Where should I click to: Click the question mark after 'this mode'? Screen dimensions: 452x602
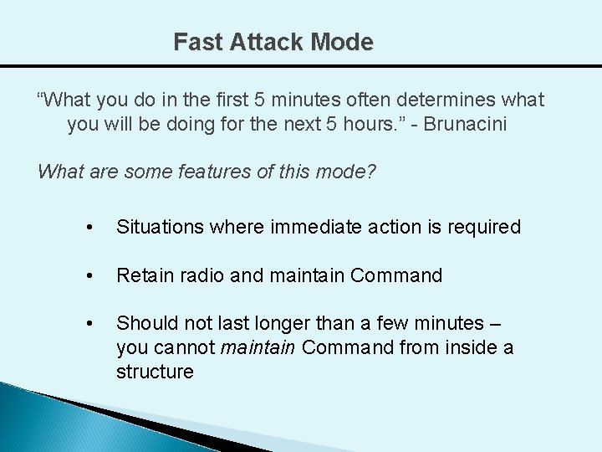(x=372, y=172)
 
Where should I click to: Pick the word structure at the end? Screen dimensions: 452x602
(x=155, y=372)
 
